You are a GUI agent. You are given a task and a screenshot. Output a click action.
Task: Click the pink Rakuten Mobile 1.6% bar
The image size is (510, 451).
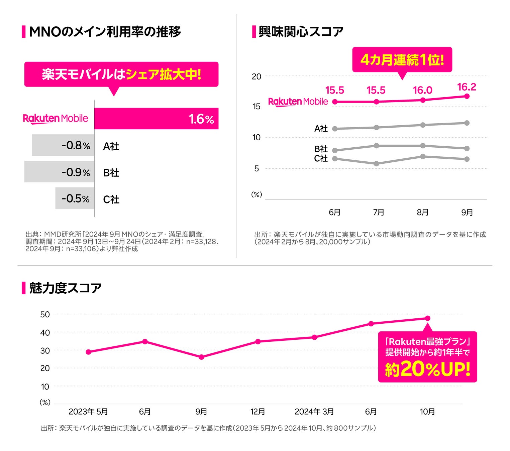click(x=156, y=119)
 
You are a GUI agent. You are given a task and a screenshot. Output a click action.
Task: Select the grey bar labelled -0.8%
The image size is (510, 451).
click(x=63, y=145)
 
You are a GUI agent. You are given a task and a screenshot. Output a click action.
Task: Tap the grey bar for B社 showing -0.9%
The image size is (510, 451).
click(x=59, y=172)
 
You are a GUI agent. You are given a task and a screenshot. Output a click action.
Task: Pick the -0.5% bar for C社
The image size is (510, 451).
click(x=75, y=198)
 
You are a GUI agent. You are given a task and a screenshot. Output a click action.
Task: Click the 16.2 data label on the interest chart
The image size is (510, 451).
click(x=467, y=87)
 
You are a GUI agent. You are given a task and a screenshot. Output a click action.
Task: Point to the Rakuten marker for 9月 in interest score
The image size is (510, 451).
click(x=467, y=96)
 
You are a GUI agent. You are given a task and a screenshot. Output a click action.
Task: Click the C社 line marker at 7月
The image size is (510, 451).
click(x=377, y=164)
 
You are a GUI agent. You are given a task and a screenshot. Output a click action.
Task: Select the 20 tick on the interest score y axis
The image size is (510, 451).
click(x=257, y=77)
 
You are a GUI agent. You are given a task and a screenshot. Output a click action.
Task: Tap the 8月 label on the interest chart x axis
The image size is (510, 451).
click(x=423, y=212)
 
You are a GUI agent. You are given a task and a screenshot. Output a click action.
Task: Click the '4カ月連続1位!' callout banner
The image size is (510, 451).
click(x=402, y=60)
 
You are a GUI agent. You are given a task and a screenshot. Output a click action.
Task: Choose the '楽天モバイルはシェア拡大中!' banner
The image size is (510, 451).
click(x=121, y=74)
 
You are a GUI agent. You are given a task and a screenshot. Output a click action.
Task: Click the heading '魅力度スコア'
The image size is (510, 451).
click(x=66, y=288)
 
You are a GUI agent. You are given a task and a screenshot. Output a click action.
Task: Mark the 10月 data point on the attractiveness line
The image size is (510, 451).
click(x=427, y=318)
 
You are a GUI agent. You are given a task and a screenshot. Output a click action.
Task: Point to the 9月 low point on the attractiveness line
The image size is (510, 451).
click(x=201, y=357)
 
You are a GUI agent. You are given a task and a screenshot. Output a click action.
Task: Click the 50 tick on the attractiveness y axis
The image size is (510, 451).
click(x=45, y=314)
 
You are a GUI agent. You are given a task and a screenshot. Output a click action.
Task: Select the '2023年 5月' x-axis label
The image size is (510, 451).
click(x=88, y=412)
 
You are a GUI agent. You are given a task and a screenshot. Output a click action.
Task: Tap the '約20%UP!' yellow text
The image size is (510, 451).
click(x=428, y=369)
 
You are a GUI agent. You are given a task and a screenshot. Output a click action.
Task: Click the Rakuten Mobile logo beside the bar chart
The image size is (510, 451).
click(x=56, y=119)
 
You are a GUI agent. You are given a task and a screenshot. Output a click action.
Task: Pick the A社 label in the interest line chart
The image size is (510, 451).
click(x=321, y=129)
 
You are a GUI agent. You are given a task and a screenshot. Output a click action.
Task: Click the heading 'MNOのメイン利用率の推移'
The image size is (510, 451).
click(x=105, y=32)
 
